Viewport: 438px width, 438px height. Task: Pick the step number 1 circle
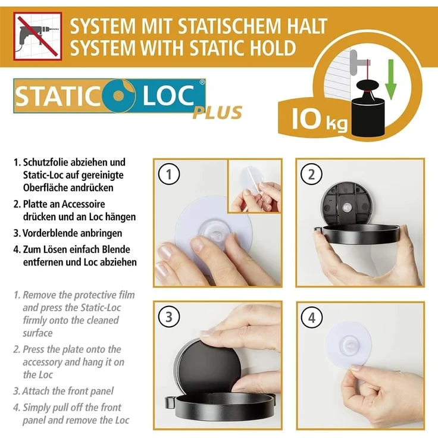click(x=169, y=174)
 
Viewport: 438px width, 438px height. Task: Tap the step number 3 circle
click(x=169, y=317)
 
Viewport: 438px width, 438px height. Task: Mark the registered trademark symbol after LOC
click(x=202, y=85)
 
